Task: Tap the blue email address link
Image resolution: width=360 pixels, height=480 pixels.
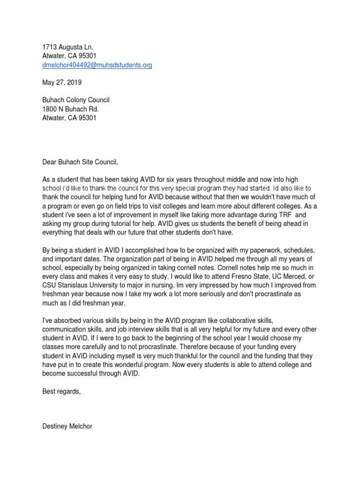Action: (x=97, y=65)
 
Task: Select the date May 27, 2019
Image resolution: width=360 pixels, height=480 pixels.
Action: (x=62, y=82)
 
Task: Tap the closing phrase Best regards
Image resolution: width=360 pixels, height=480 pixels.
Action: (x=61, y=391)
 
